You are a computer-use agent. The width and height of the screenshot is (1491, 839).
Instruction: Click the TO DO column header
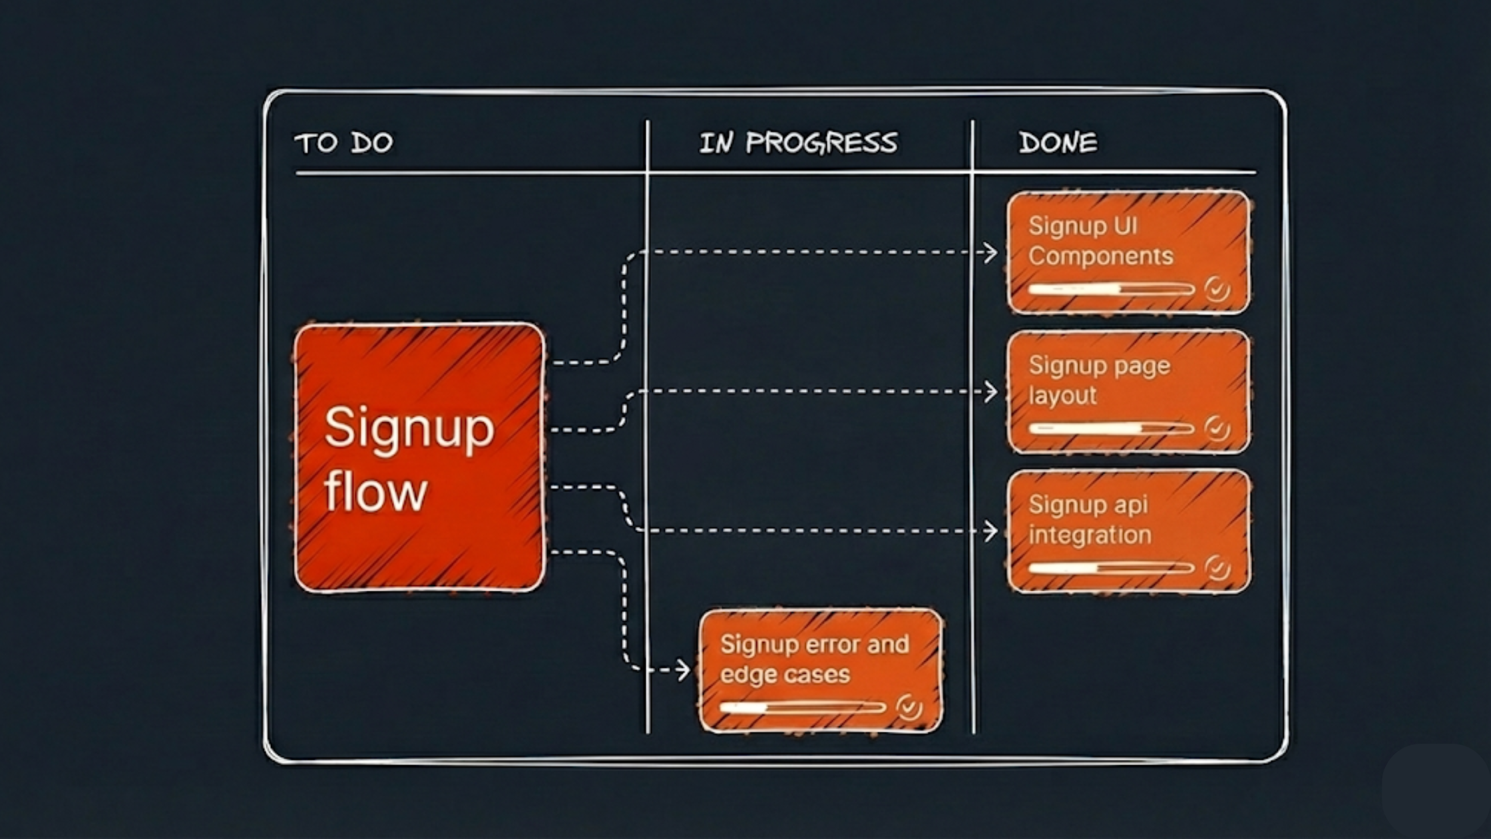click(x=343, y=142)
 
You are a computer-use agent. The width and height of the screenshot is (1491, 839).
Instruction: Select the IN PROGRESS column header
click(x=798, y=142)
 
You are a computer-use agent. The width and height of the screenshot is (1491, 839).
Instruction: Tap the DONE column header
click(x=1058, y=142)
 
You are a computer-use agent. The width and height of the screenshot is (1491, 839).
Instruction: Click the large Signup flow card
click(x=419, y=457)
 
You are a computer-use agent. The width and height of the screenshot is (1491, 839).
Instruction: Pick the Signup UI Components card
click(x=1128, y=252)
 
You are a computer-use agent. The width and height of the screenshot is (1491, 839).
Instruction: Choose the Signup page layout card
click(x=1128, y=392)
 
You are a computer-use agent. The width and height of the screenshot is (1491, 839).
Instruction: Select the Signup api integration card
click(x=1128, y=531)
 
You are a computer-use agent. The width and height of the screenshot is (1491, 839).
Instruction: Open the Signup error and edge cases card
click(x=821, y=671)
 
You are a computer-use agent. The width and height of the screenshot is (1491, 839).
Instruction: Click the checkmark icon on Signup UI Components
click(x=1217, y=290)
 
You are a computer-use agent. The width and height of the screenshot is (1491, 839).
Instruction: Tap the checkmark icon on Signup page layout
click(x=1217, y=428)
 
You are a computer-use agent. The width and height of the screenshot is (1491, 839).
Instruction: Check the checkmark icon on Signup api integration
click(x=1217, y=568)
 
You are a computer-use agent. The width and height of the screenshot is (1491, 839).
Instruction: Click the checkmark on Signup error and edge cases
click(x=909, y=707)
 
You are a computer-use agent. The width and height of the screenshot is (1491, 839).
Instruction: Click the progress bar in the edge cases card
click(x=803, y=707)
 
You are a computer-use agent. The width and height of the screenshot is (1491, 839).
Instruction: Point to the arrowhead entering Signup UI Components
click(x=992, y=252)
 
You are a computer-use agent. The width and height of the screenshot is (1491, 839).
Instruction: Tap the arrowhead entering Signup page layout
click(x=992, y=392)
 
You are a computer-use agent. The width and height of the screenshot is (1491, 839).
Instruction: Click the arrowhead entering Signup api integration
click(x=992, y=531)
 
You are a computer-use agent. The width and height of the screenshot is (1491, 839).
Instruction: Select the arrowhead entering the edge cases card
click(x=684, y=670)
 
